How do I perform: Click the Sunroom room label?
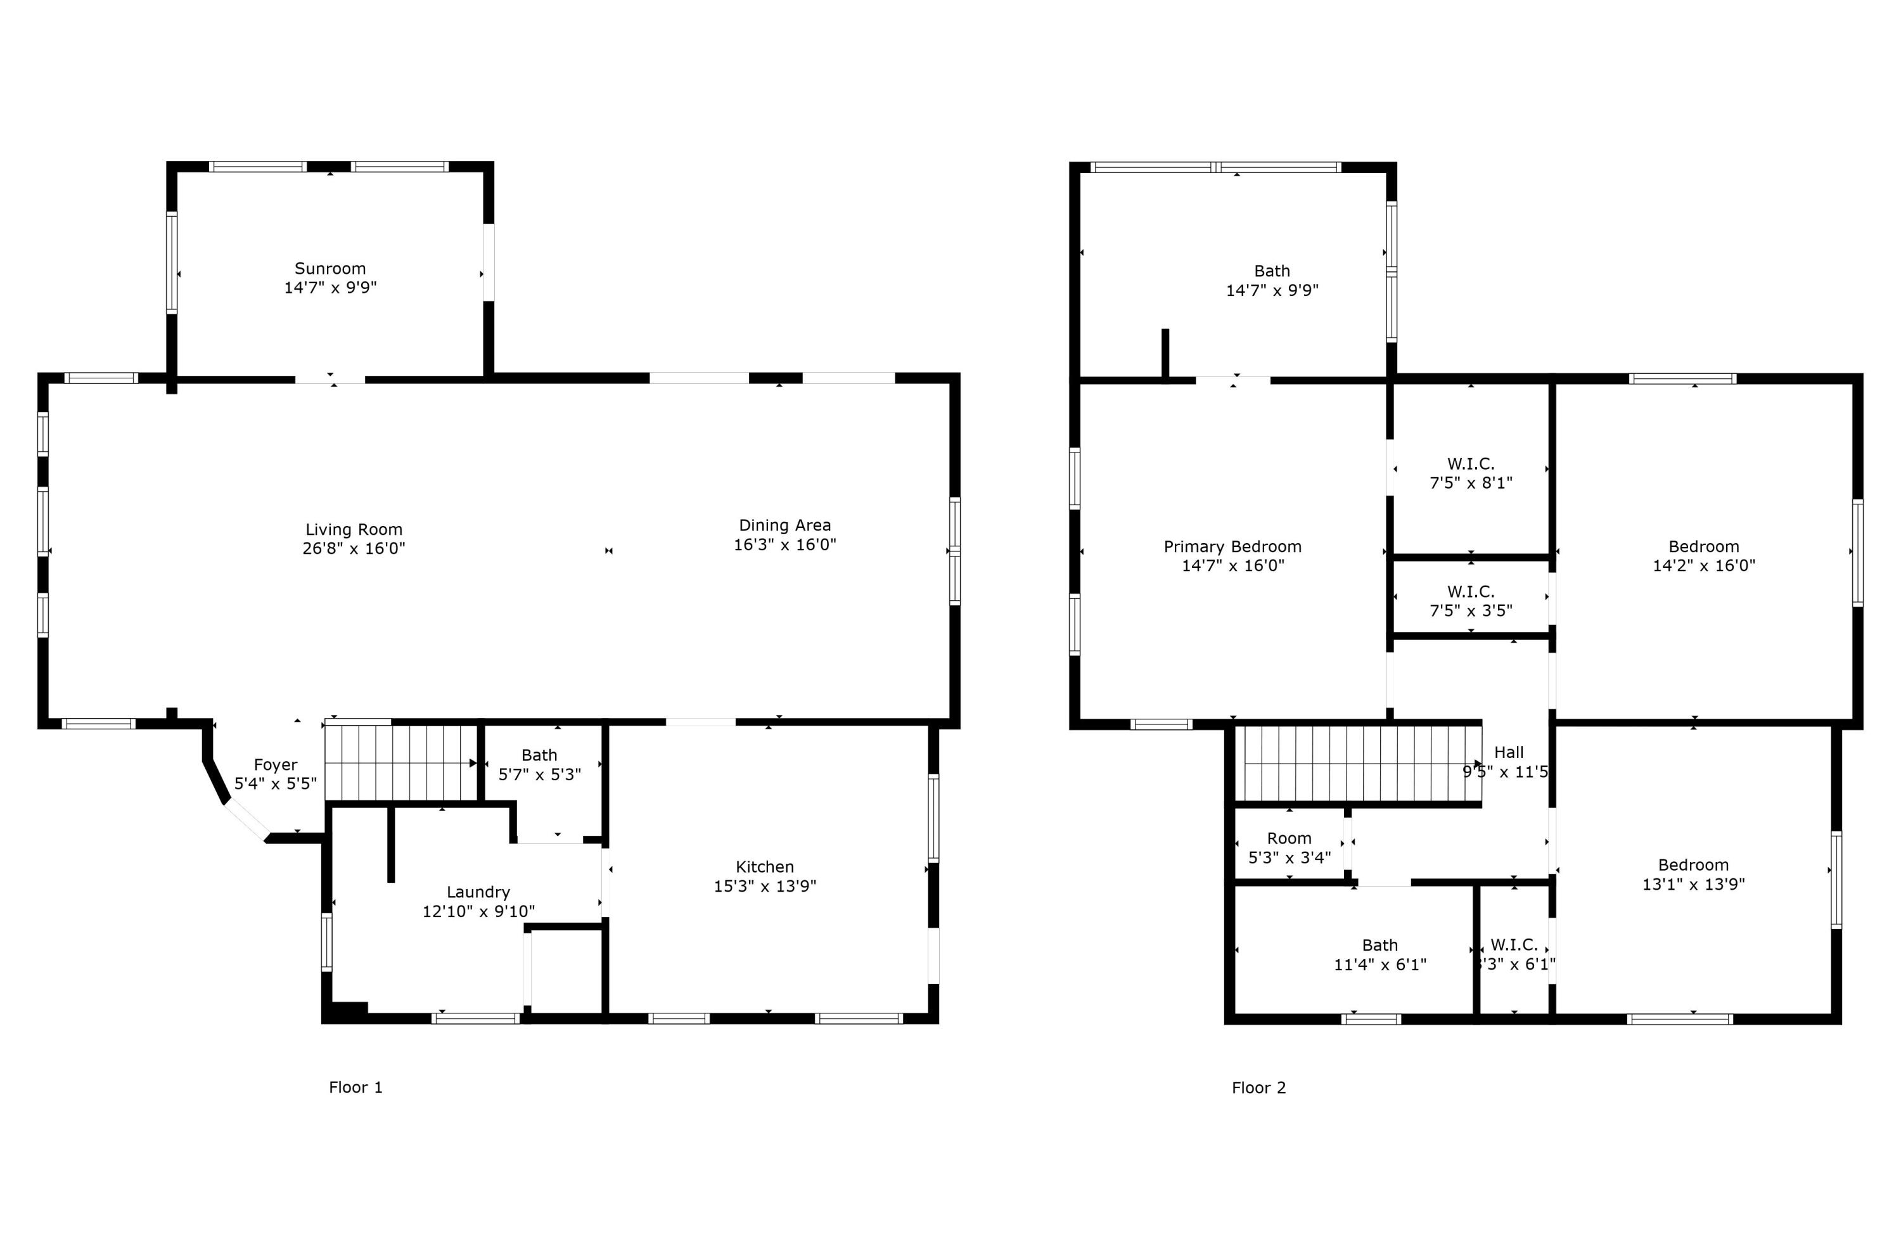(x=330, y=269)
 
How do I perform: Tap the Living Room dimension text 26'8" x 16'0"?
(x=354, y=549)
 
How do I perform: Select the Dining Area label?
(x=784, y=525)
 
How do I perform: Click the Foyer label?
(x=276, y=765)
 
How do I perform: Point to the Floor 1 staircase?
(x=399, y=763)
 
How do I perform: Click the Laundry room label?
(x=478, y=892)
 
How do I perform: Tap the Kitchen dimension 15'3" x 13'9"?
(x=764, y=886)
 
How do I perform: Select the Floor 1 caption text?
(x=355, y=1087)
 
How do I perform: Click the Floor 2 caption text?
(x=1259, y=1088)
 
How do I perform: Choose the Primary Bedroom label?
(x=1232, y=546)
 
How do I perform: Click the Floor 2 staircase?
(x=1358, y=763)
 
